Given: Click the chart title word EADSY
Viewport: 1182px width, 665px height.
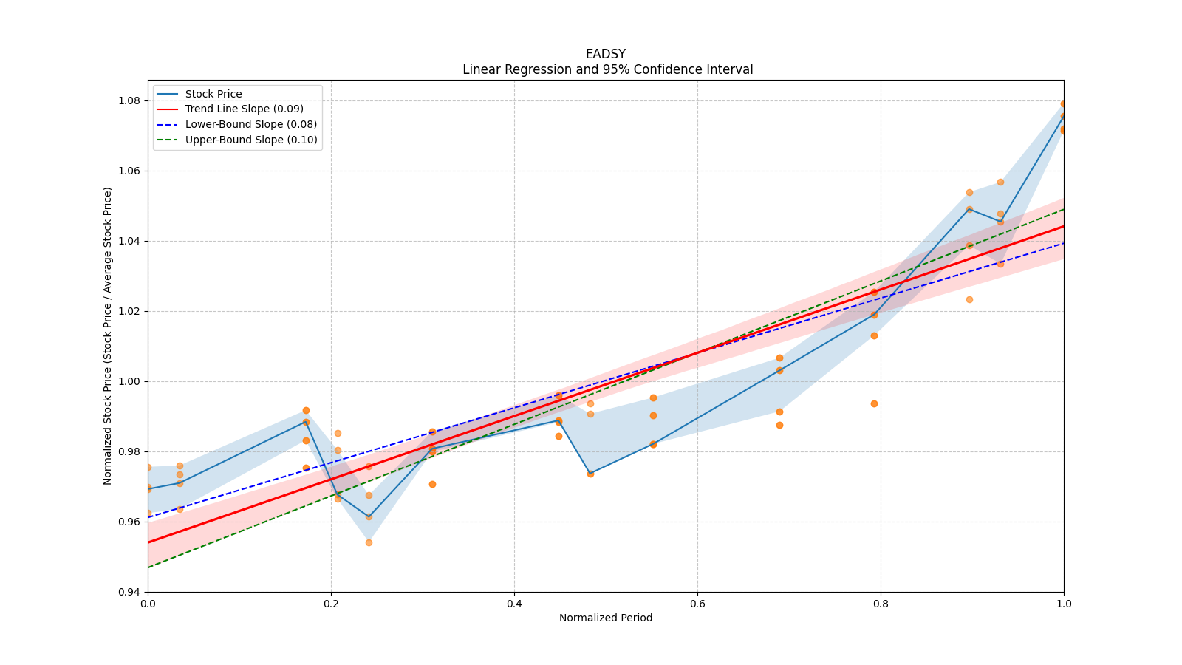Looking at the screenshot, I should (605, 54).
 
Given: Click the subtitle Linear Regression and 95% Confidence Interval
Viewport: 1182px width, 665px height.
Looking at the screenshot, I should (607, 69).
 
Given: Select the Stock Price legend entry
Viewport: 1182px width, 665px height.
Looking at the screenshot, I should (213, 94).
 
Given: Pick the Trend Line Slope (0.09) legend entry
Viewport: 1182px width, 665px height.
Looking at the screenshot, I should (244, 109).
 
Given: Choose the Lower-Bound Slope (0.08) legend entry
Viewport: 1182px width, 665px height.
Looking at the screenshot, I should (251, 124).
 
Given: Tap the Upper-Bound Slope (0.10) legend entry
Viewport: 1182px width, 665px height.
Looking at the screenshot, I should (251, 140).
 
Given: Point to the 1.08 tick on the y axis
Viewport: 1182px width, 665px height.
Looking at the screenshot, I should (129, 100).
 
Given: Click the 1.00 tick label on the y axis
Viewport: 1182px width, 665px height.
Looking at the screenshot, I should (129, 381).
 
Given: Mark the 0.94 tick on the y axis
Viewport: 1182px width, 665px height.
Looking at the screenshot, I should (129, 592).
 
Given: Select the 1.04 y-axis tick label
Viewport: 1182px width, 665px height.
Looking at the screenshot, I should (129, 241).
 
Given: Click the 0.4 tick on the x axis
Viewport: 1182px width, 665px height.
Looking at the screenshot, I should (514, 604).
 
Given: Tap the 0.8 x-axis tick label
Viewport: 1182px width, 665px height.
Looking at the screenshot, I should (881, 604).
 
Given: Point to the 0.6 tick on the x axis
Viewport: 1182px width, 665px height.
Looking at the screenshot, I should (697, 604).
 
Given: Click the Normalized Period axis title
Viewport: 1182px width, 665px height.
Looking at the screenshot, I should (606, 618).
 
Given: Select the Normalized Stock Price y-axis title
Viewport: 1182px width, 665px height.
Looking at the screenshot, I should (108, 335).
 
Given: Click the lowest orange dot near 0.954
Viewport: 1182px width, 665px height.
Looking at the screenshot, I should (369, 542).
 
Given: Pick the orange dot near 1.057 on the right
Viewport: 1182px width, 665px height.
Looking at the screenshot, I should (1000, 182).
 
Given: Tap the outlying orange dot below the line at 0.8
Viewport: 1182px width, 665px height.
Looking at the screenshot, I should (874, 403).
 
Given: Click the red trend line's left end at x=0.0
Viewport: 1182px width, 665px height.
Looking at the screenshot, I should (148, 542).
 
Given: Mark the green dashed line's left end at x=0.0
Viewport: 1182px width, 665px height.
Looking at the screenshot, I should (148, 567).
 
